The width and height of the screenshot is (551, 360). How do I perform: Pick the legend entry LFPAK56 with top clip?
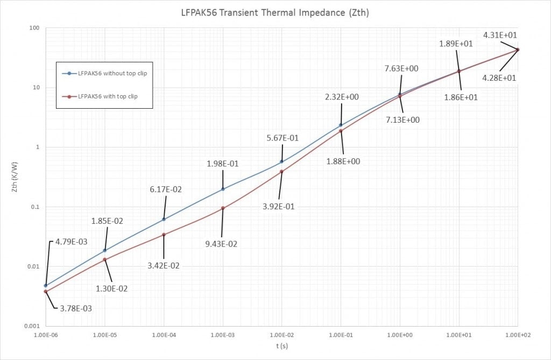pos(108,96)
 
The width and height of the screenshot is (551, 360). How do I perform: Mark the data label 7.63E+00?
pos(401,68)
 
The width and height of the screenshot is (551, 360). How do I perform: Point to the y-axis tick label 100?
pos(35,28)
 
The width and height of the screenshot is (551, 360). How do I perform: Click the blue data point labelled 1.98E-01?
pos(223,189)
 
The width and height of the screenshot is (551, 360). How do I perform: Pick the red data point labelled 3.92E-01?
pos(281,172)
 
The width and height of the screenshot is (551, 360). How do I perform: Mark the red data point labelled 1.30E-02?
pos(105,259)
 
